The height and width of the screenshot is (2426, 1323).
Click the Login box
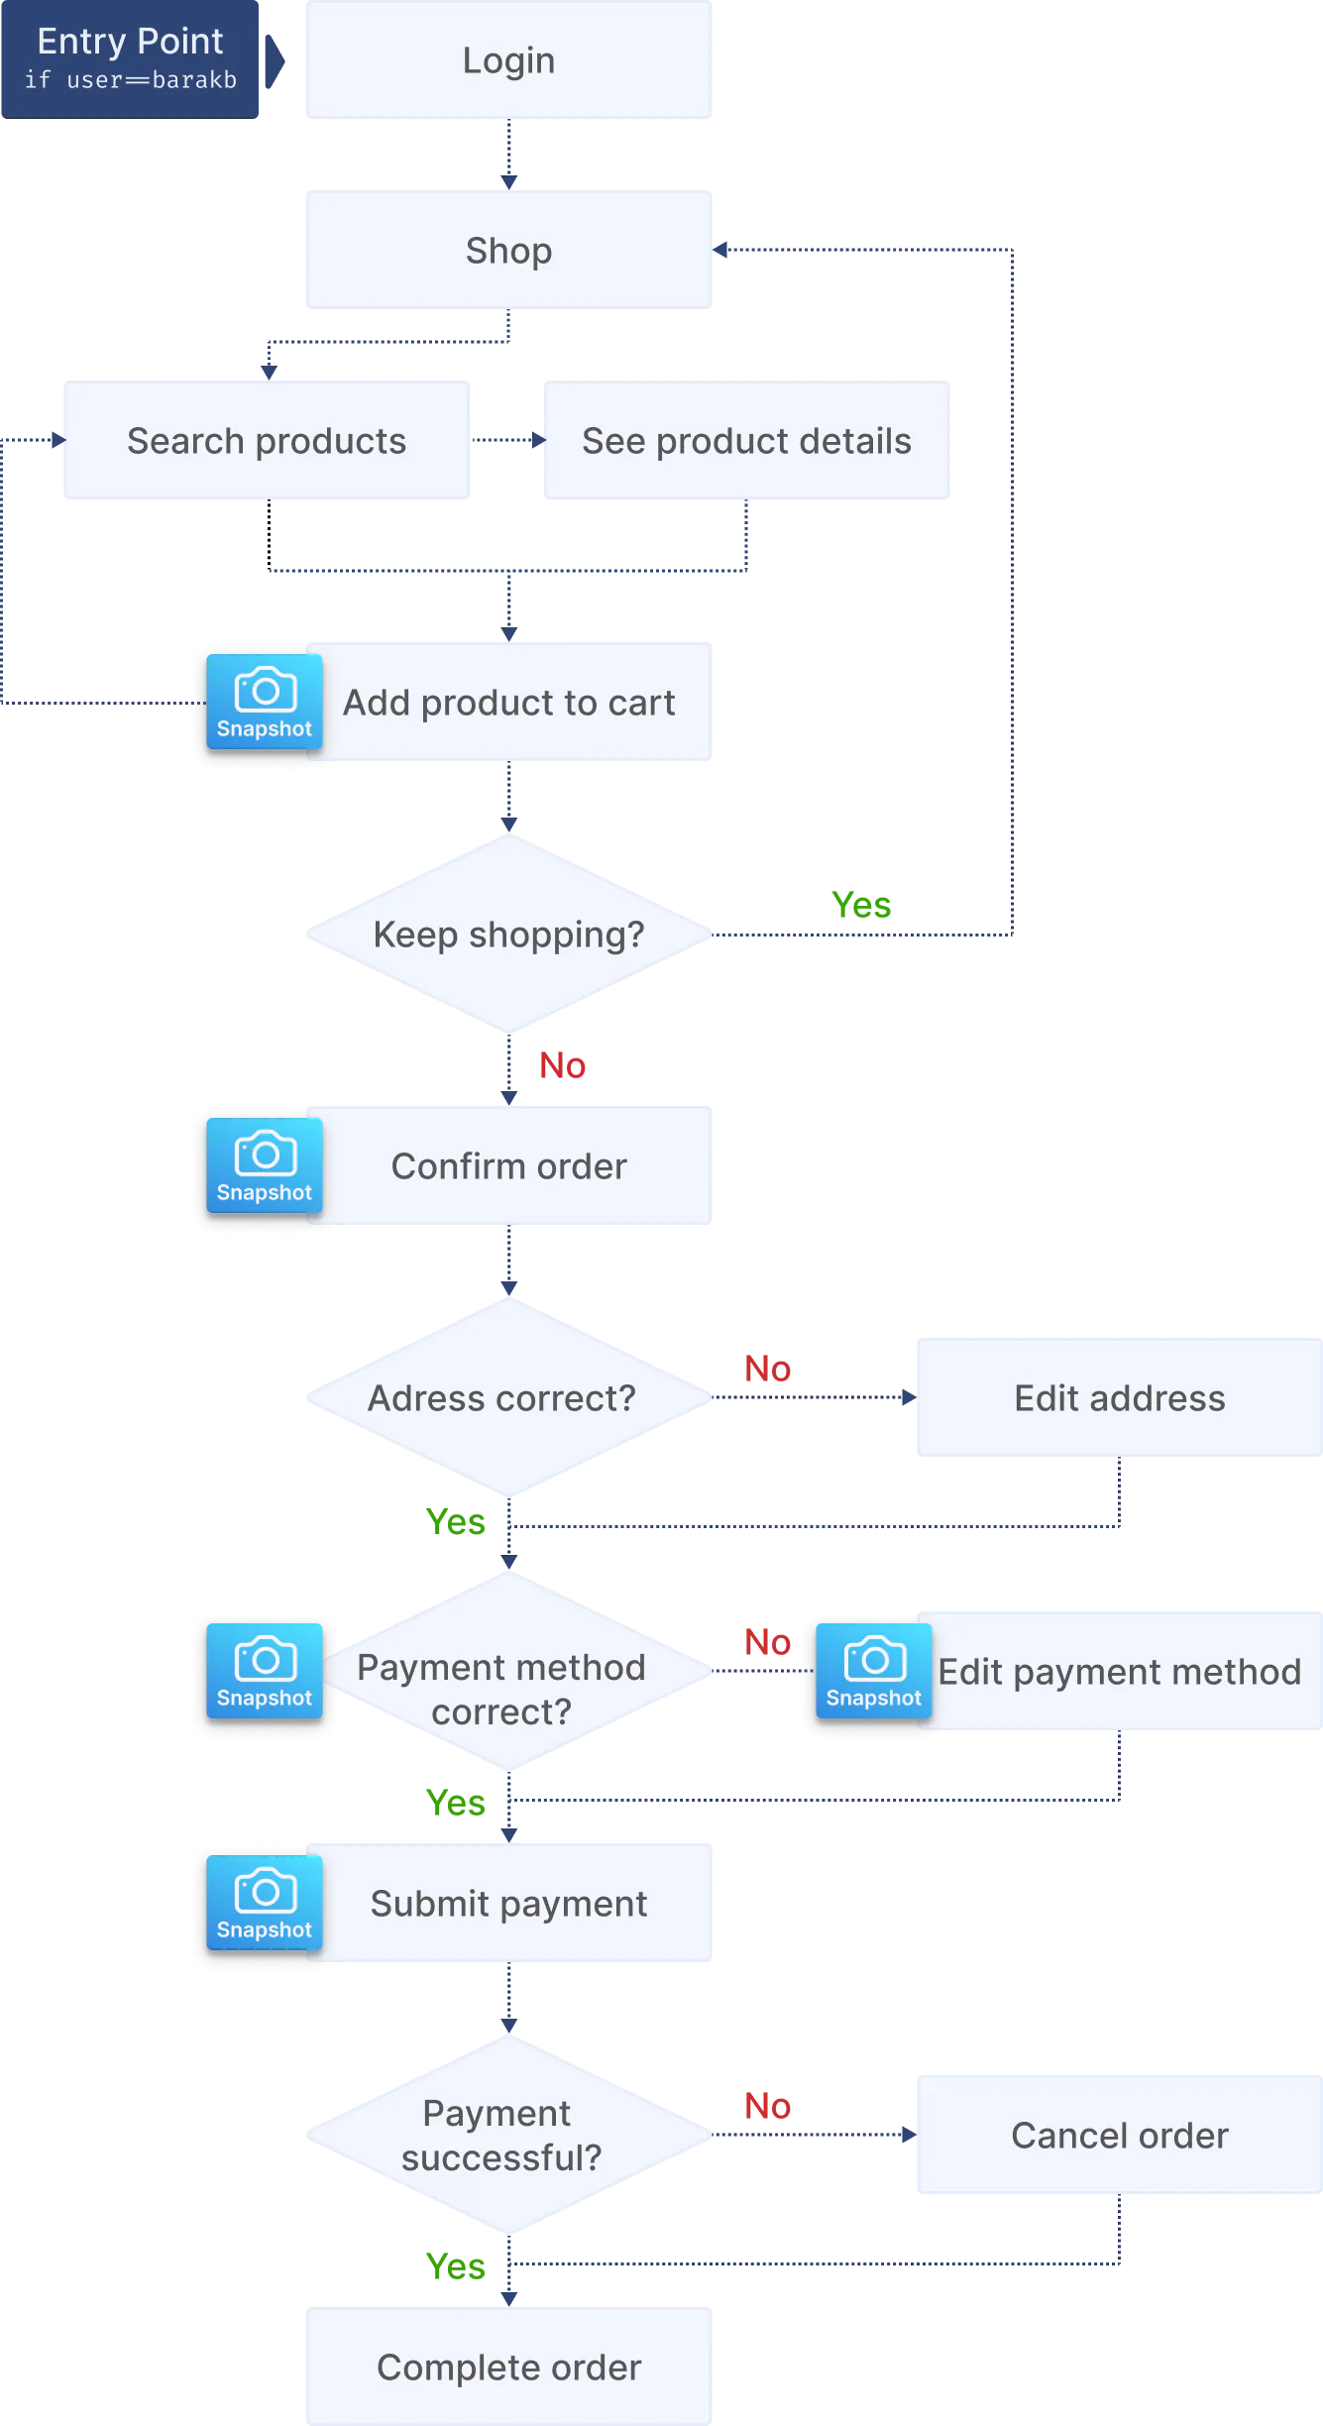pyautogui.click(x=507, y=60)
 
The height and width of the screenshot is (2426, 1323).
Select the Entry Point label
pyautogui.click(x=130, y=42)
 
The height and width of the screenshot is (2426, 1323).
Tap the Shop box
pyautogui.click(x=507, y=251)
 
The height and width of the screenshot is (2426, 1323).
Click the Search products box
pyautogui.click(x=268, y=441)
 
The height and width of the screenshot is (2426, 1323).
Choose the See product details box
pyautogui.click(x=745, y=441)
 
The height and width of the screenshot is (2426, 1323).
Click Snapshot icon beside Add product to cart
pyautogui.click(x=264, y=703)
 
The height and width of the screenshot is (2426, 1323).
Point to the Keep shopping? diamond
pyautogui.click(x=507, y=935)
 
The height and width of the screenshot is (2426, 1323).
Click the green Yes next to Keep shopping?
pyautogui.click(x=861, y=904)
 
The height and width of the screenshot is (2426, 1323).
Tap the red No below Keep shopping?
pyautogui.click(x=562, y=1064)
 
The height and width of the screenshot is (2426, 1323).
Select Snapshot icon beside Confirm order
pyautogui.click(x=264, y=1166)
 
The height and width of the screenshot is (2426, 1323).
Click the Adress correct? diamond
pyautogui.click(x=503, y=1398)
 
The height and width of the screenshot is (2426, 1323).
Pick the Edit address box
pyautogui.click(x=1118, y=1398)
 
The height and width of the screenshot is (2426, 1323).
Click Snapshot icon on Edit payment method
pyautogui.click(x=873, y=1672)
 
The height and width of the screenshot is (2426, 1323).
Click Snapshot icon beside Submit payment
pyautogui.click(x=264, y=1904)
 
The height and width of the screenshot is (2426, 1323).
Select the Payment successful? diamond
pyautogui.click(x=501, y=2136)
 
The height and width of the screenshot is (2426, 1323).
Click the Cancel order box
pyautogui.click(x=1118, y=2136)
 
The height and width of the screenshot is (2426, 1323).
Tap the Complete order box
pyautogui.click(x=507, y=2368)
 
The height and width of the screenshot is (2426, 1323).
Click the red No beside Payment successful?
pyautogui.click(x=768, y=2105)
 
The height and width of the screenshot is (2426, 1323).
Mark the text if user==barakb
pyautogui.click(x=131, y=80)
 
